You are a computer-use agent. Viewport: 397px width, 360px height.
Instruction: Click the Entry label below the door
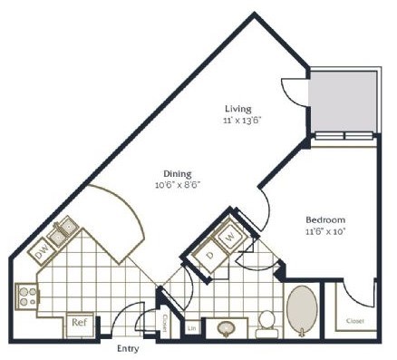coord(128,347)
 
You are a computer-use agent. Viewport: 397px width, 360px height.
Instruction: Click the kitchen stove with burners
coord(25,295)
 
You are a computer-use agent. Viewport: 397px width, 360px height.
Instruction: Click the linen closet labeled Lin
coord(192,328)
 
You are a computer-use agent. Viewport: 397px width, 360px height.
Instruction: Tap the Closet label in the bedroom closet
coord(355,321)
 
